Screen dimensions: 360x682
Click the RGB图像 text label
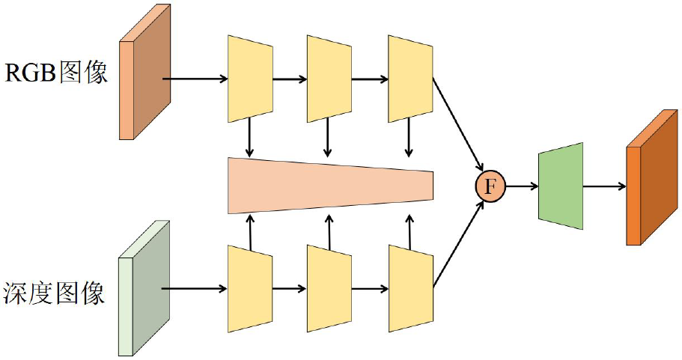point(57,73)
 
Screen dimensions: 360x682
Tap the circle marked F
point(490,186)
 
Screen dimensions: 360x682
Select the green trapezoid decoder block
point(560,186)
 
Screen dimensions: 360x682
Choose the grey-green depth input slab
point(146,288)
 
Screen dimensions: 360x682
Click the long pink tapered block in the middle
point(329,186)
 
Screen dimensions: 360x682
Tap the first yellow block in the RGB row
point(250,78)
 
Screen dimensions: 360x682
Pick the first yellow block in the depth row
point(250,288)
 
